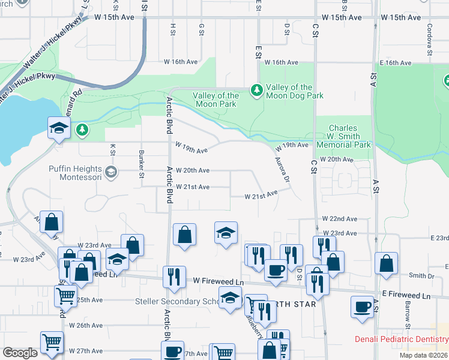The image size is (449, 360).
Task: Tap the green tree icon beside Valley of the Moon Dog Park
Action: [x=257, y=90]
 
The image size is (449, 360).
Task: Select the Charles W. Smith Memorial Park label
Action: [x=343, y=136]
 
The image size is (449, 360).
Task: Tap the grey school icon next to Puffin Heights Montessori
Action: [x=110, y=173]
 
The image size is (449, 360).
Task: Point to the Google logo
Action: [x=20, y=352]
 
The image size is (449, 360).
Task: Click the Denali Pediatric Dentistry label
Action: [x=401, y=340]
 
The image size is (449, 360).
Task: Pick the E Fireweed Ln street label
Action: [x=406, y=296]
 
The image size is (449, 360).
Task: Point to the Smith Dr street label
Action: [x=421, y=276]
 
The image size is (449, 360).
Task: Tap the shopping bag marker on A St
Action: [x=387, y=262]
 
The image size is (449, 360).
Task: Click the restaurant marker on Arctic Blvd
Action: [x=174, y=277]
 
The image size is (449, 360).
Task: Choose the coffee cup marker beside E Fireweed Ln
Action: [x=363, y=306]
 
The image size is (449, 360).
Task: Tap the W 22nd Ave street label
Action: [x=339, y=219]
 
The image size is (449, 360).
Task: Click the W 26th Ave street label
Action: [x=85, y=325]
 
